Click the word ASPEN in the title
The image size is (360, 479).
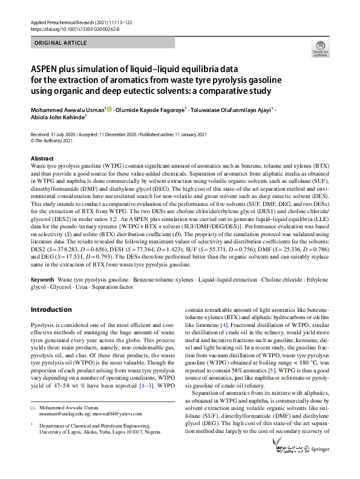pos(45,68)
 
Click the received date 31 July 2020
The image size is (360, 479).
pos(64,134)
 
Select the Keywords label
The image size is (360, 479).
pos(42,280)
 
